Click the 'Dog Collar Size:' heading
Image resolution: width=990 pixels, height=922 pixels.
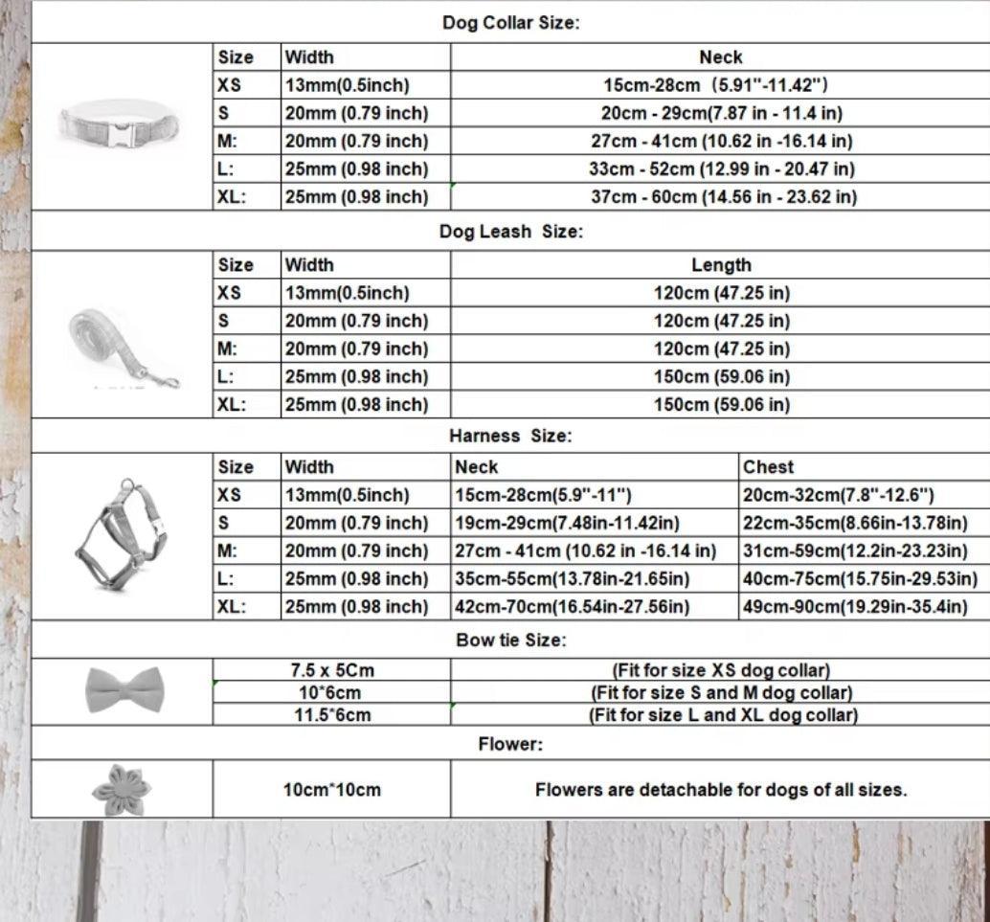pyautogui.click(x=510, y=23)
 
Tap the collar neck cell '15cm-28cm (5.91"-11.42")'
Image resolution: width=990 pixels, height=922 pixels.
pyautogui.click(x=715, y=85)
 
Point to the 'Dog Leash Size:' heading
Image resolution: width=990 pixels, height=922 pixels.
pyautogui.click(x=510, y=231)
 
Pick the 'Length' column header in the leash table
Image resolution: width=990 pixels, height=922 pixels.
pyautogui.click(x=721, y=265)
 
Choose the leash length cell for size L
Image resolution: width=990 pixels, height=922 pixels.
pyautogui.click(x=721, y=376)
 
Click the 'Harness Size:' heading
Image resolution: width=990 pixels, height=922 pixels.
pyautogui.click(x=510, y=436)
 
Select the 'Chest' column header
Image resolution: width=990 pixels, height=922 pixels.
pyautogui.click(x=768, y=467)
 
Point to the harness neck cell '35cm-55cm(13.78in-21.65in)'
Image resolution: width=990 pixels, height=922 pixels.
pyautogui.click(x=572, y=579)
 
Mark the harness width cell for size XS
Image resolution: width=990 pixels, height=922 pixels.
pyautogui.click(x=347, y=495)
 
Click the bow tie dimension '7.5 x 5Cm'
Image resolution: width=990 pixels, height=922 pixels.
pyautogui.click(x=332, y=670)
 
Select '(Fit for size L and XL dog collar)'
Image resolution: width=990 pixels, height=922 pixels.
pyautogui.click(x=723, y=715)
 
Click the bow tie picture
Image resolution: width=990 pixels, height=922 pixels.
pyautogui.click(x=118, y=688)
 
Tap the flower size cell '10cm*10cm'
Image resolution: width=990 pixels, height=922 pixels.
pyautogui.click(x=331, y=790)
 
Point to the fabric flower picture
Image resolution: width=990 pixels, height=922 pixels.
pyautogui.click(x=121, y=788)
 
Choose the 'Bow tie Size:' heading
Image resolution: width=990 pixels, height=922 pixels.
pyautogui.click(x=510, y=640)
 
